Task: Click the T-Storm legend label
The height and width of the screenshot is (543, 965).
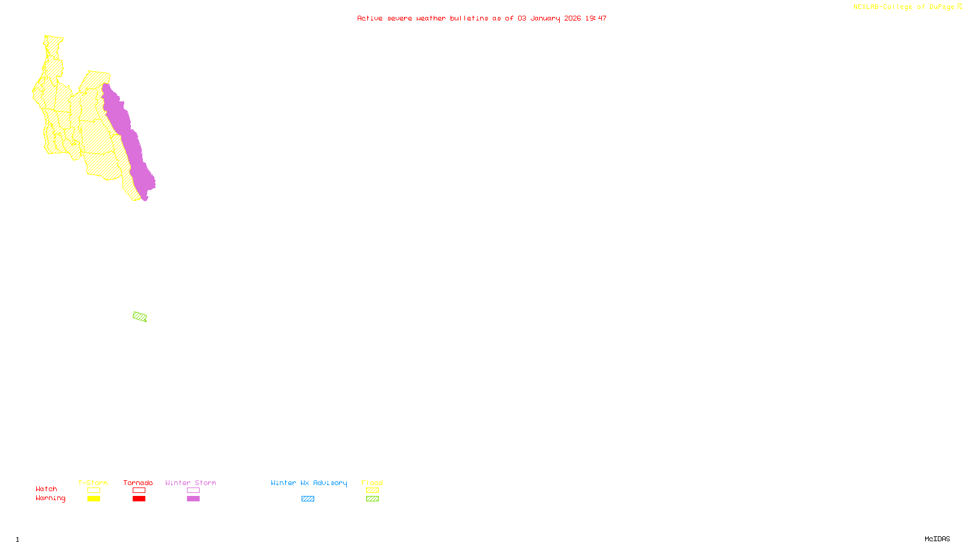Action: (x=93, y=483)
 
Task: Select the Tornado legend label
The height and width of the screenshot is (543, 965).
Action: (x=138, y=483)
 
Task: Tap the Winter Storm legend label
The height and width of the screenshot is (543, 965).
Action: (x=191, y=483)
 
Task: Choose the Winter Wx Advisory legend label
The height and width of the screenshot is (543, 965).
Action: (x=309, y=483)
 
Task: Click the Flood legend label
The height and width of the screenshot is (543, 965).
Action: (x=372, y=483)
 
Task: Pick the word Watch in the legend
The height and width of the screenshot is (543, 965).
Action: (x=46, y=489)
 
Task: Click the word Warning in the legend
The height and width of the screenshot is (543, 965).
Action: (x=51, y=498)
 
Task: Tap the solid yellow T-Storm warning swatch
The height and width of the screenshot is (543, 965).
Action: (x=93, y=499)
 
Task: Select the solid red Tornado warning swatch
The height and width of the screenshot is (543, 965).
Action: (x=139, y=499)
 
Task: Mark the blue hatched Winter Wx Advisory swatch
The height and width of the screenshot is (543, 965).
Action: (x=308, y=499)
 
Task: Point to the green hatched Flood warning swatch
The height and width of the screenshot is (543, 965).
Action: (x=373, y=499)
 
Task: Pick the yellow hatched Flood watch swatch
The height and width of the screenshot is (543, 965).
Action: (x=373, y=491)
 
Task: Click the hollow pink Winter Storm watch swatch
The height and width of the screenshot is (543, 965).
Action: (x=194, y=491)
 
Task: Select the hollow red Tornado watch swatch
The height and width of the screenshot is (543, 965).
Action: (x=139, y=491)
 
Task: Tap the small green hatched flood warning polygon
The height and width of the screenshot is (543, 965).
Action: (x=139, y=317)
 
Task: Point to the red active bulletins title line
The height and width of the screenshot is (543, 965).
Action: (x=482, y=18)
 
